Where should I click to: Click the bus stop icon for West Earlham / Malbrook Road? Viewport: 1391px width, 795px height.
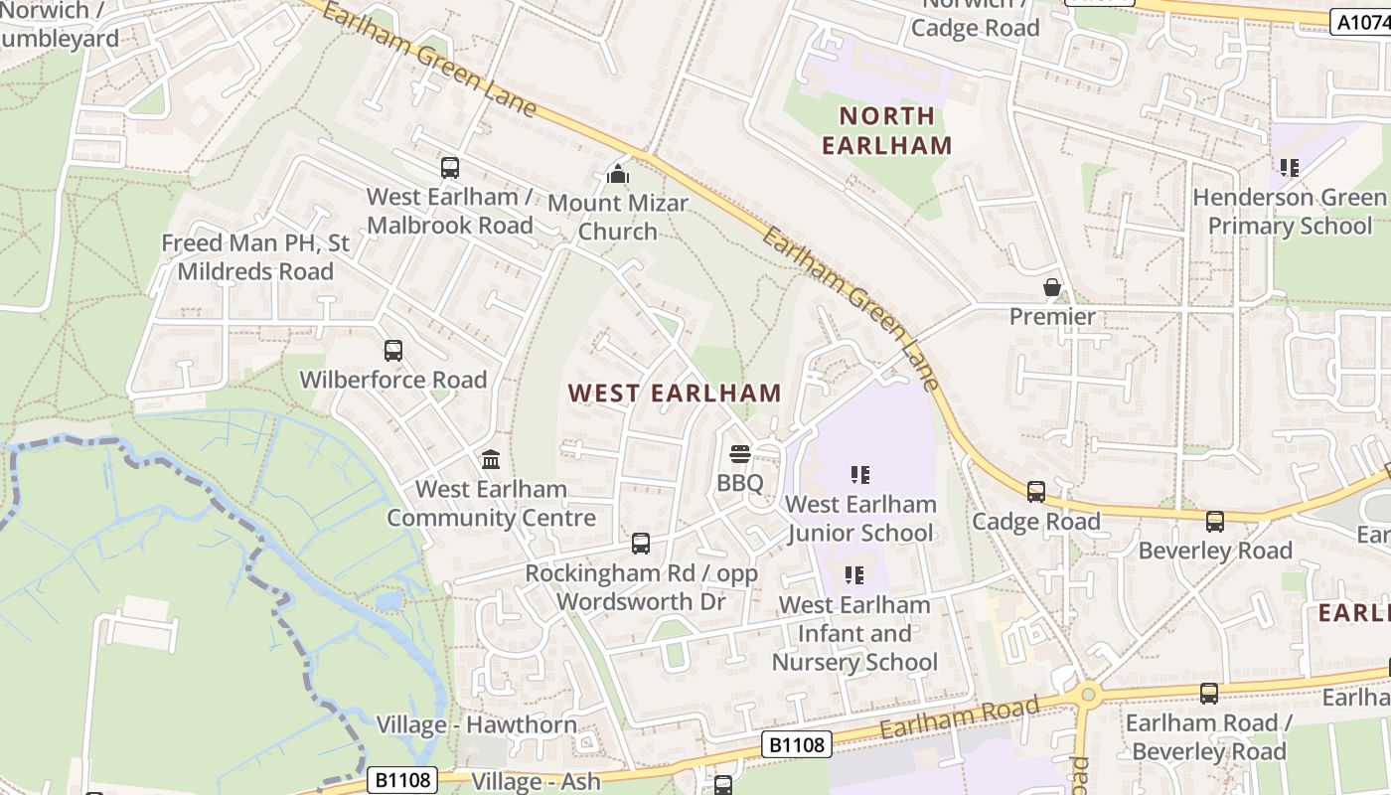click(x=450, y=168)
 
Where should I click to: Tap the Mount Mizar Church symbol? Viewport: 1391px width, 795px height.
click(x=618, y=175)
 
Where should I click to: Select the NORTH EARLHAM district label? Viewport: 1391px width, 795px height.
click(x=886, y=130)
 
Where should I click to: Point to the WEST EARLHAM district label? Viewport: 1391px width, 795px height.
click(x=675, y=393)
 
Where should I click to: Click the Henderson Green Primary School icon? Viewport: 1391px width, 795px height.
click(x=1290, y=168)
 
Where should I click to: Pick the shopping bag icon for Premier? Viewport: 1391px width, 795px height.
click(x=1052, y=288)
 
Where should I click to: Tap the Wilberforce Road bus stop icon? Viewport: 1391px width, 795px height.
click(x=393, y=351)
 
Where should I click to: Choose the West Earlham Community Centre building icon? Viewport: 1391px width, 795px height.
click(x=491, y=460)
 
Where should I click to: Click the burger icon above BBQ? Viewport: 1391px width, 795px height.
click(x=740, y=455)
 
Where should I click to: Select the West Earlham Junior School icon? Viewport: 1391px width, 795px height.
click(x=860, y=476)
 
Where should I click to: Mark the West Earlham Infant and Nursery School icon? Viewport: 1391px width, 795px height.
click(x=854, y=575)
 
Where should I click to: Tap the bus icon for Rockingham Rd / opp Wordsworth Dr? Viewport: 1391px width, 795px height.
click(x=641, y=544)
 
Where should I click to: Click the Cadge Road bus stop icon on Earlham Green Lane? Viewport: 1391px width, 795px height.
click(x=1036, y=492)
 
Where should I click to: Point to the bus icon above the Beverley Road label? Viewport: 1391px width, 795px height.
click(x=1214, y=522)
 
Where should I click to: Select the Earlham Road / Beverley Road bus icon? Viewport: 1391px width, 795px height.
click(x=1209, y=694)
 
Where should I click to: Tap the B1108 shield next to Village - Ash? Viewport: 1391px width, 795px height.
click(x=402, y=779)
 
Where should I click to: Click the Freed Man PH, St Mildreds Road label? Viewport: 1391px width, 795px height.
click(x=255, y=257)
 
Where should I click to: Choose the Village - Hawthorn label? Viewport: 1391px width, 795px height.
click(x=476, y=724)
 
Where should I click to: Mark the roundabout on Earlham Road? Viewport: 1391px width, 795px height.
click(x=1088, y=694)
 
